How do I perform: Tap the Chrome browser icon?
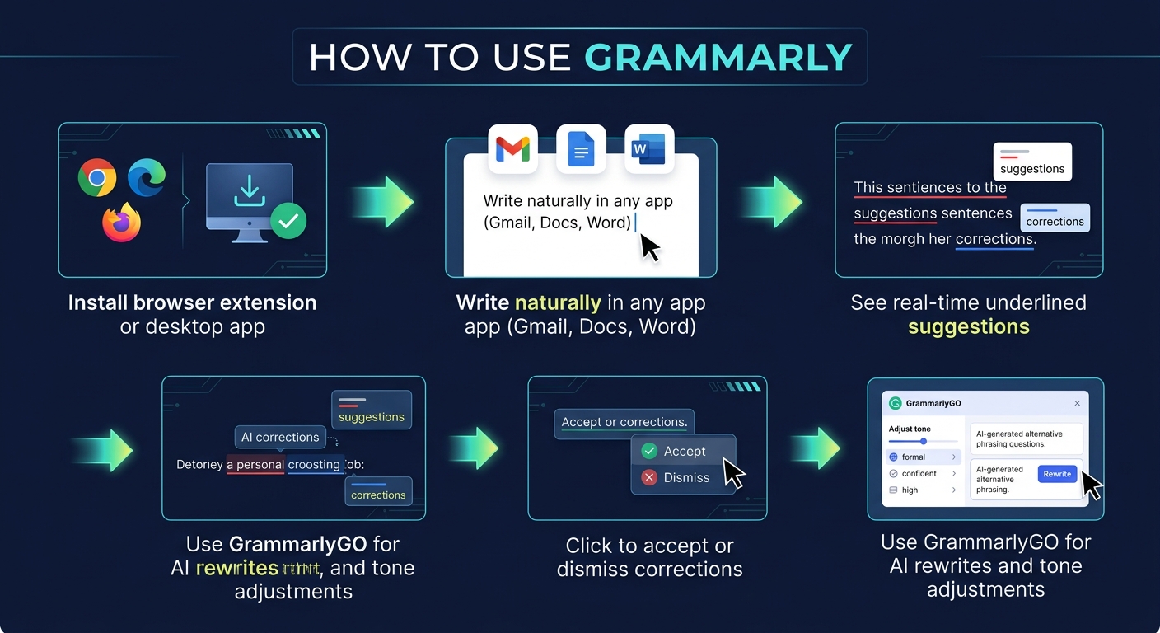[x=97, y=177]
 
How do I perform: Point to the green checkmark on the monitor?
[x=288, y=220]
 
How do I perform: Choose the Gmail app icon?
[x=512, y=149]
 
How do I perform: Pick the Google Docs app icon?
[x=581, y=149]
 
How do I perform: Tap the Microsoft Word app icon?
[x=649, y=149]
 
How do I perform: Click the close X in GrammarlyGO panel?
[x=1077, y=404]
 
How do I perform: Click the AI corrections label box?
[x=280, y=437]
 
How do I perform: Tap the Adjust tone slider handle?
[x=924, y=441]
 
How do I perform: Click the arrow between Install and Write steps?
[x=382, y=201]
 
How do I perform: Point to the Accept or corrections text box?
[x=624, y=423]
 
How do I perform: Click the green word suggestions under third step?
[x=968, y=326]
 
